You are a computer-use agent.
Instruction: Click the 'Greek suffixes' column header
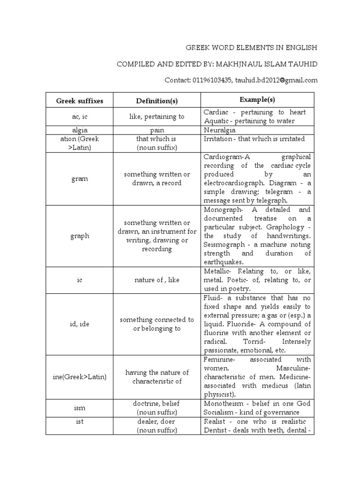click(80, 101)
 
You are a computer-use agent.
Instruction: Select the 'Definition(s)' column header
click(157, 101)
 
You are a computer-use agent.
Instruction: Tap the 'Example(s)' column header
click(257, 100)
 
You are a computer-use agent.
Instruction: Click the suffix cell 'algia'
click(80, 130)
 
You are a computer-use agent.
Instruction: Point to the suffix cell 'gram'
click(80, 179)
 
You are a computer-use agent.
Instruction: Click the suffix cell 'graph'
click(80, 236)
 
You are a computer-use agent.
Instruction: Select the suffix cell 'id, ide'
click(80, 324)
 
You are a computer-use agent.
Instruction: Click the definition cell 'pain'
click(157, 130)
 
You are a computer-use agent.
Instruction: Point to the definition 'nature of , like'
click(157, 280)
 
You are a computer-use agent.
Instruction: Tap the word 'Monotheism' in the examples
click(223, 404)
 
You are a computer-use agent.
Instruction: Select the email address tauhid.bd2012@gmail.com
click(277, 80)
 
